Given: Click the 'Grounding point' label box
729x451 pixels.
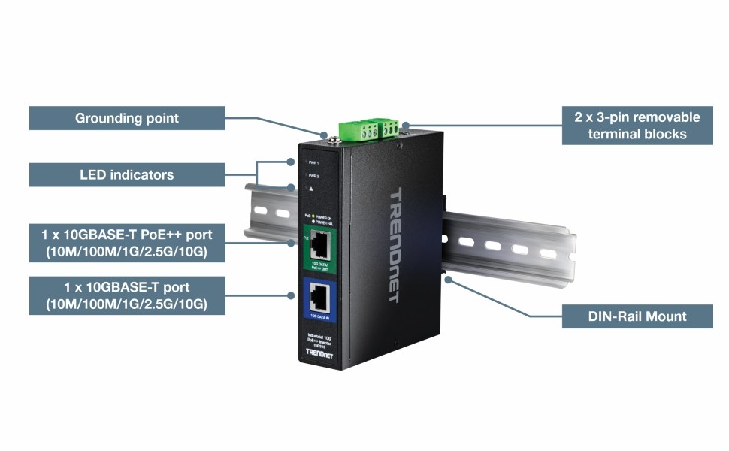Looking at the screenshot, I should [x=127, y=118].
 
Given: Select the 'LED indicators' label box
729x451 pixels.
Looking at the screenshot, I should [x=127, y=175].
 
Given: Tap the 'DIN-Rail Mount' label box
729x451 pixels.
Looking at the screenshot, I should [x=637, y=316].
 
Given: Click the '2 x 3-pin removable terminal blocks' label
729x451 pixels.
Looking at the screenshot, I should [x=637, y=126].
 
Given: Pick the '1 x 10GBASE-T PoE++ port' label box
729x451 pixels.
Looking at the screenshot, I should [x=127, y=242].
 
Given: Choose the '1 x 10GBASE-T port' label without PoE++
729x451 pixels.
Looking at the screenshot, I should [x=127, y=295].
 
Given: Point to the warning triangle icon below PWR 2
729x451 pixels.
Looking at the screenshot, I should [x=310, y=189].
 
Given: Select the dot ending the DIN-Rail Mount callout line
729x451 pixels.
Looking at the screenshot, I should [x=449, y=280].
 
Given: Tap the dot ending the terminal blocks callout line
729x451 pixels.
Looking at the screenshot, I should [x=405, y=125].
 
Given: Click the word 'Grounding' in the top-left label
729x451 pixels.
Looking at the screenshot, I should [x=104, y=118].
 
